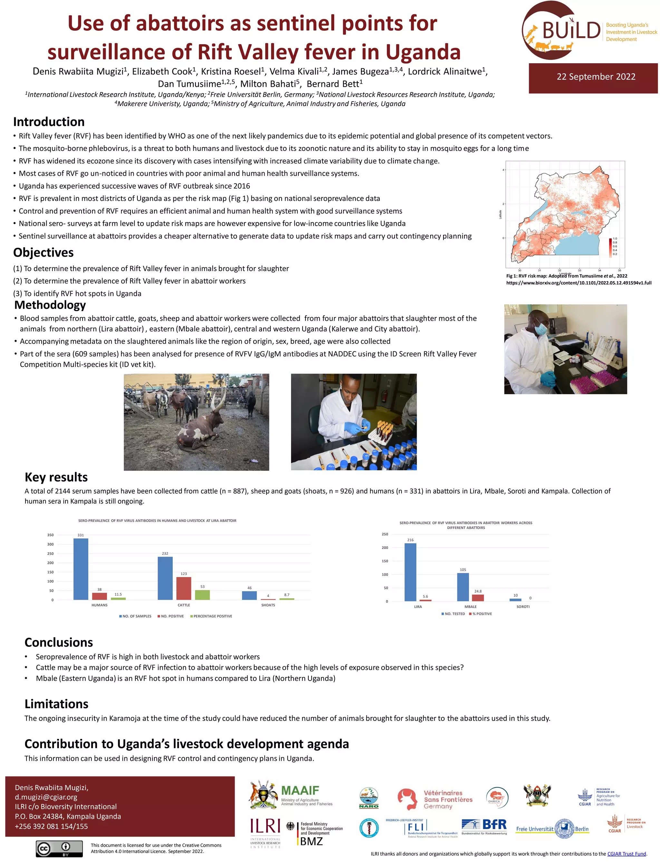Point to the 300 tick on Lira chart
click(50, 544)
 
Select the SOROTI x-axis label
click(523, 607)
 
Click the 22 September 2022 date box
click(596, 77)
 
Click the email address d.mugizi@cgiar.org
click(46, 797)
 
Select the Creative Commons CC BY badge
click(59, 848)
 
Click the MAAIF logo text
click(300, 790)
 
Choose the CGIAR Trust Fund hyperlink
click(626, 854)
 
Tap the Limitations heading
click(56, 704)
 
